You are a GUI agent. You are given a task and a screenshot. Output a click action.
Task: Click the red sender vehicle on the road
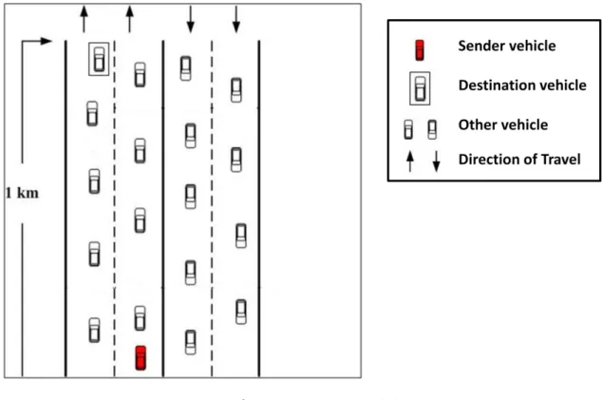point(141,358)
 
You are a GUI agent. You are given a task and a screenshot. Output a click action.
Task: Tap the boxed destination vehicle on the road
point(99,59)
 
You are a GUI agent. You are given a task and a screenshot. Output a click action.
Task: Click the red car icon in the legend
point(420,50)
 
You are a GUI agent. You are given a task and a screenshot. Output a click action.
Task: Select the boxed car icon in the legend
point(420,88)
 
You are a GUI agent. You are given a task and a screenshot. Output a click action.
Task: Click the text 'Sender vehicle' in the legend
point(507,46)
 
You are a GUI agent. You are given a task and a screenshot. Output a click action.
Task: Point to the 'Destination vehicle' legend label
point(522,85)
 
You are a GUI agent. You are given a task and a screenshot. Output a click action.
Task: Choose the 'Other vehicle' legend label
point(503,124)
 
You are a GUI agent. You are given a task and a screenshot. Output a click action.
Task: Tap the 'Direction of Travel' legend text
point(519,159)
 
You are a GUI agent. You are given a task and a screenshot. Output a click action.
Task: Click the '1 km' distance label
point(22,193)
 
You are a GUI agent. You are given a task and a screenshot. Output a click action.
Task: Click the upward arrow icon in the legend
point(410,161)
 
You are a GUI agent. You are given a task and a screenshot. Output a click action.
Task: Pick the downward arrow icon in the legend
point(436,161)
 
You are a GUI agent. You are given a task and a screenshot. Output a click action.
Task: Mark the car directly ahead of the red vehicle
point(141,318)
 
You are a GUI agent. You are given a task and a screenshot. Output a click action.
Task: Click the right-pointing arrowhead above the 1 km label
point(47,41)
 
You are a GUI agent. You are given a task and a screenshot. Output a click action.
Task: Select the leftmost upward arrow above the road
point(85,19)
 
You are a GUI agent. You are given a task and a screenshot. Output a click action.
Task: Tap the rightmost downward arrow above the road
point(236,19)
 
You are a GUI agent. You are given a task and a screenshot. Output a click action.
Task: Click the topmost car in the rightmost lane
point(236,90)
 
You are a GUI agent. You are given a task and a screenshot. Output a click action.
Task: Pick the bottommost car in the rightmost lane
point(241,312)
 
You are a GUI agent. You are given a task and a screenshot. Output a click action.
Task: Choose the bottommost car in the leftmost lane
point(94,330)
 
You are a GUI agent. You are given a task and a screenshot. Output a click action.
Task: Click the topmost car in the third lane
point(185,68)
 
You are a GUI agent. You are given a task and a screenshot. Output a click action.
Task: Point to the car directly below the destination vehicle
point(92,114)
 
